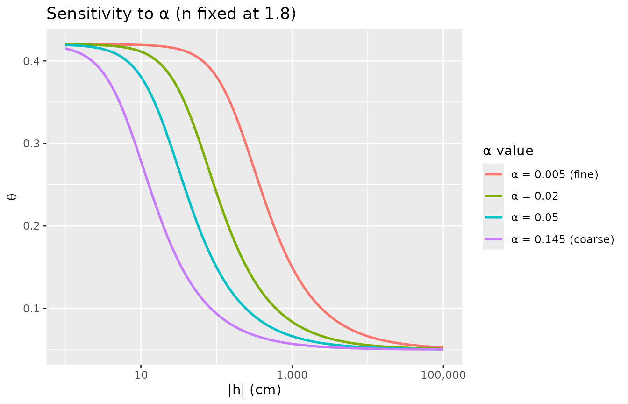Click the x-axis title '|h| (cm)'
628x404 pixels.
click(254, 390)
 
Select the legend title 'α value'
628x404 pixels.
click(508, 151)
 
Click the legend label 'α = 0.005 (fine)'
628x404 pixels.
click(555, 175)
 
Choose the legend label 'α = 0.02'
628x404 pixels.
click(535, 196)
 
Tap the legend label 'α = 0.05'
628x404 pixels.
click(535, 218)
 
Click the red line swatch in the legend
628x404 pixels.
click(493, 175)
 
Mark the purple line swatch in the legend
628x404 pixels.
click(493, 239)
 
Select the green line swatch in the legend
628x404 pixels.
click(493, 196)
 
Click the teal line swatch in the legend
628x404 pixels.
click(493, 218)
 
